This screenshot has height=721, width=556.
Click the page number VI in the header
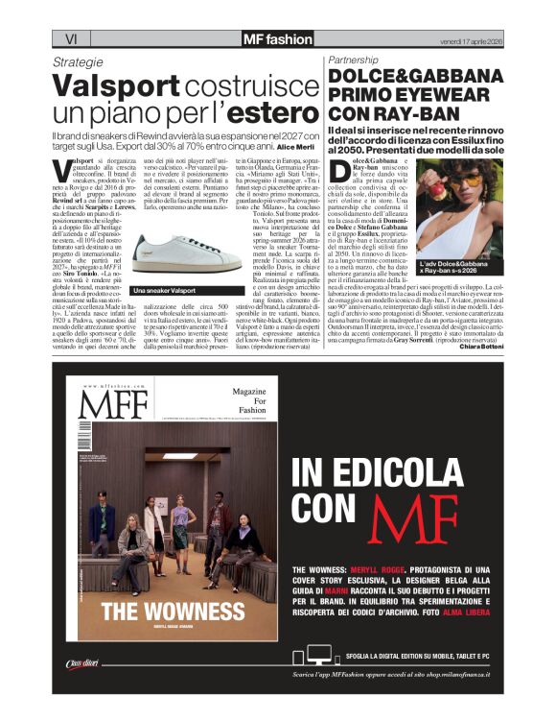click(x=69, y=38)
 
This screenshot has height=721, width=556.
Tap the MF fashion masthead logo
click(x=277, y=38)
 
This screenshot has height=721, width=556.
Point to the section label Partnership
click(x=356, y=60)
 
